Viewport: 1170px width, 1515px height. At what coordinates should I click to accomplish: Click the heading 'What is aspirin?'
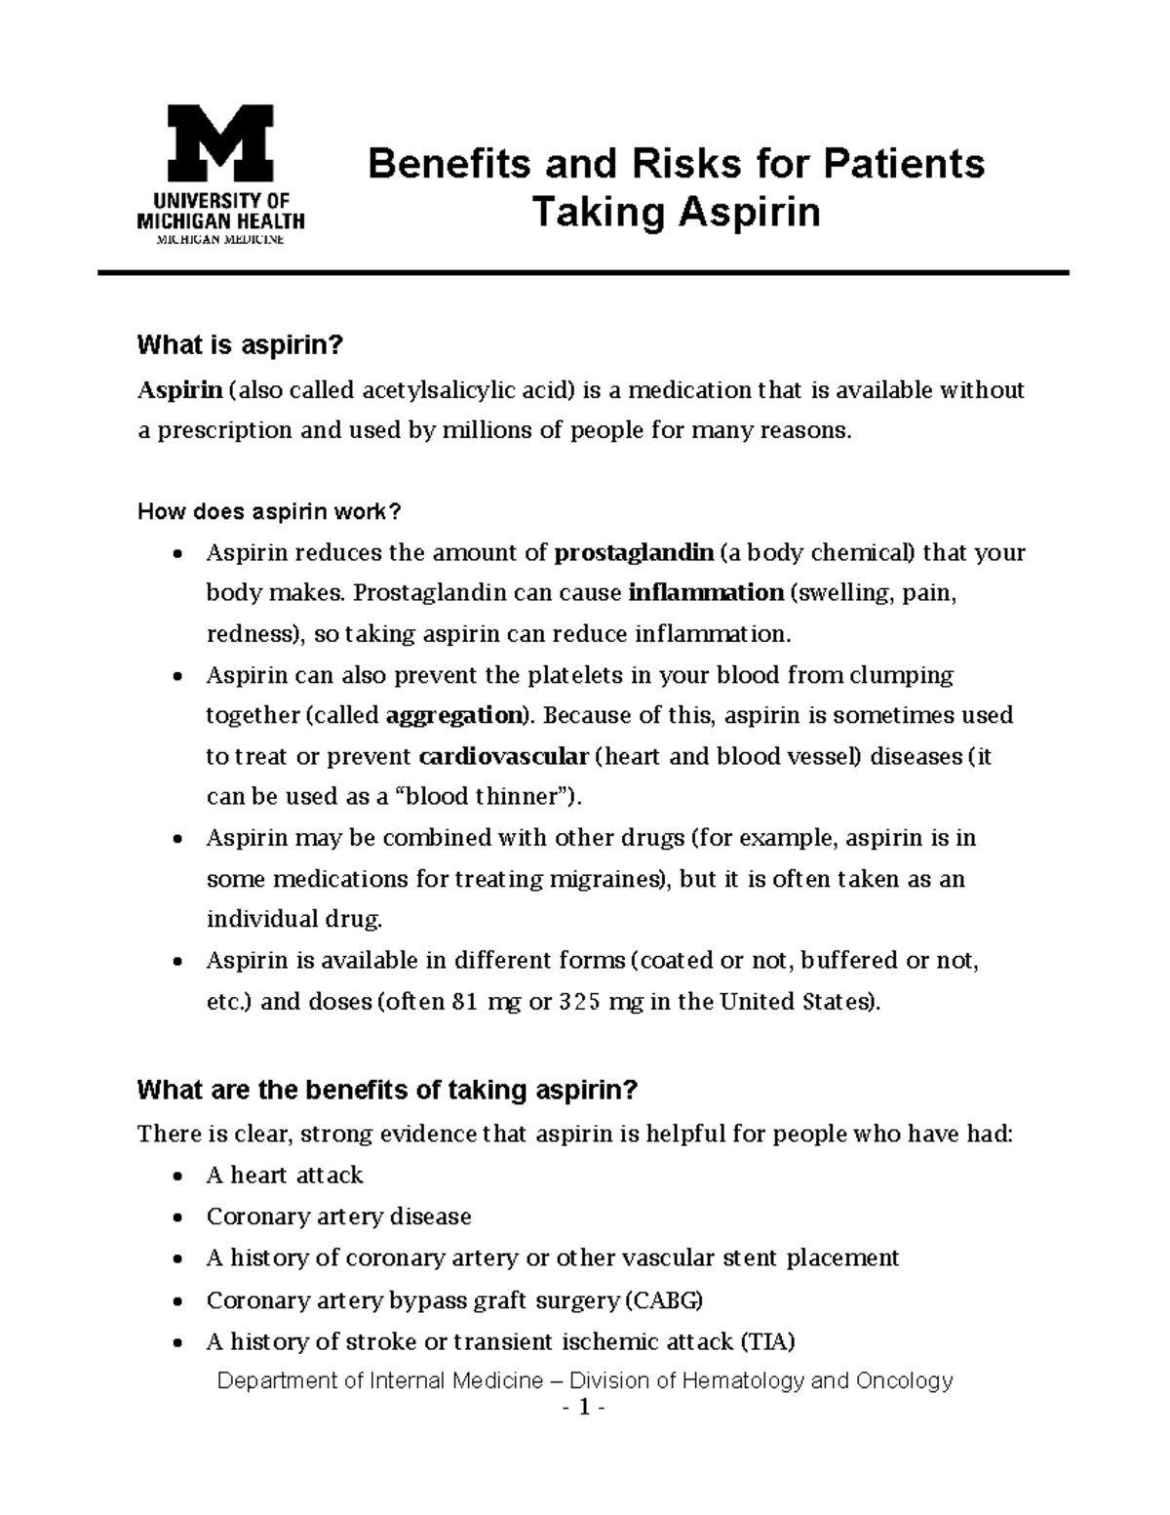coord(241,345)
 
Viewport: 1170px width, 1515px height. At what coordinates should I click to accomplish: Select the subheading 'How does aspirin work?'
coord(269,512)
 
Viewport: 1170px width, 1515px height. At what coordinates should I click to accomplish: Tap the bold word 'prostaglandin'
coord(634,553)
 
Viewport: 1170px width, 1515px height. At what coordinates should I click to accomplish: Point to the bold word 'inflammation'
coord(706,593)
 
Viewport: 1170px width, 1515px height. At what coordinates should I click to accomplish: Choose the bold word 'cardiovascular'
coord(503,756)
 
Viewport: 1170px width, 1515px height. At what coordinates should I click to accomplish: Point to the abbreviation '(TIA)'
coord(767,1341)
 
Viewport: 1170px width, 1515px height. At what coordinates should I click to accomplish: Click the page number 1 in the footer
coord(584,1408)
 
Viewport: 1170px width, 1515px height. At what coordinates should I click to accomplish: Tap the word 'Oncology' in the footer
coord(904,1380)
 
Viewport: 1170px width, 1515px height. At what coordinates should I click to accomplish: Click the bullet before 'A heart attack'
coord(176,1176)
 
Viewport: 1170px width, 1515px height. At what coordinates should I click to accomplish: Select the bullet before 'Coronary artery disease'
coord(176,1217)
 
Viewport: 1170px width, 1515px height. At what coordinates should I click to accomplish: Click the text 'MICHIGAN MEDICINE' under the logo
coord(220,240)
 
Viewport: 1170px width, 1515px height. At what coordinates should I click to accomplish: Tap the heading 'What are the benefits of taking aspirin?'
coord(387,1090)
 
